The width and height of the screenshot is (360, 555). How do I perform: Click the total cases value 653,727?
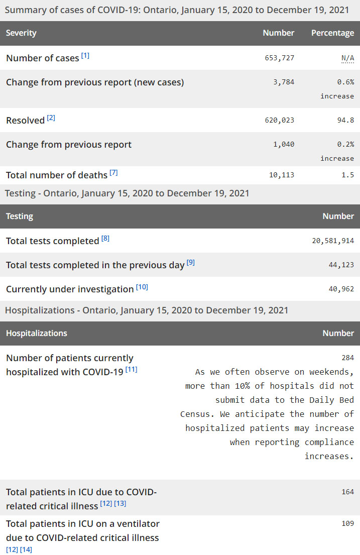[280, 58]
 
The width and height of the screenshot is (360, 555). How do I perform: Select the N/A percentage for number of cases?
[347, 58]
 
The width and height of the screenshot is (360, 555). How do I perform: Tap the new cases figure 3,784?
[284, 82]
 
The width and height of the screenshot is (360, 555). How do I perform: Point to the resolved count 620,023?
[280, 120]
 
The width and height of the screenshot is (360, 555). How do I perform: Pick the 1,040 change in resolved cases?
[284, 144]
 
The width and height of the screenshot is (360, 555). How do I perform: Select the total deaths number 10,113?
[282, 175]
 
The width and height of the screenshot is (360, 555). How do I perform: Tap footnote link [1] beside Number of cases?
[85, 56]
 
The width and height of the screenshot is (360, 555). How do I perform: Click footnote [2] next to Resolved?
[51, 118]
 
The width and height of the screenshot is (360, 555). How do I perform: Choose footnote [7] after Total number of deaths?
[114, 173]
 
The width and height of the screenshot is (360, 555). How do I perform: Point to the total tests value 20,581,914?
[333, 241]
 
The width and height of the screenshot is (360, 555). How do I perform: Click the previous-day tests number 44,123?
[341, 265]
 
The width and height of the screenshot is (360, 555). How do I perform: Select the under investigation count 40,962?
[341, 289]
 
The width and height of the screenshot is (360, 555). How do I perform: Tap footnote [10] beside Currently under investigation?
[142, 287]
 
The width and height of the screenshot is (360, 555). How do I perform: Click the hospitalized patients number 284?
[347, 358]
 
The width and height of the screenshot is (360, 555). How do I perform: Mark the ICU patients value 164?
[347, 492]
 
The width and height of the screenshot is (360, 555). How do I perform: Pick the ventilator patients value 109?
[347, 523]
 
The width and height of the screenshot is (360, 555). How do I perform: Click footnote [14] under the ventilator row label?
[26, 549]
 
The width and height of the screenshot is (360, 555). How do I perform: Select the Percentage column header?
[332, 33]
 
